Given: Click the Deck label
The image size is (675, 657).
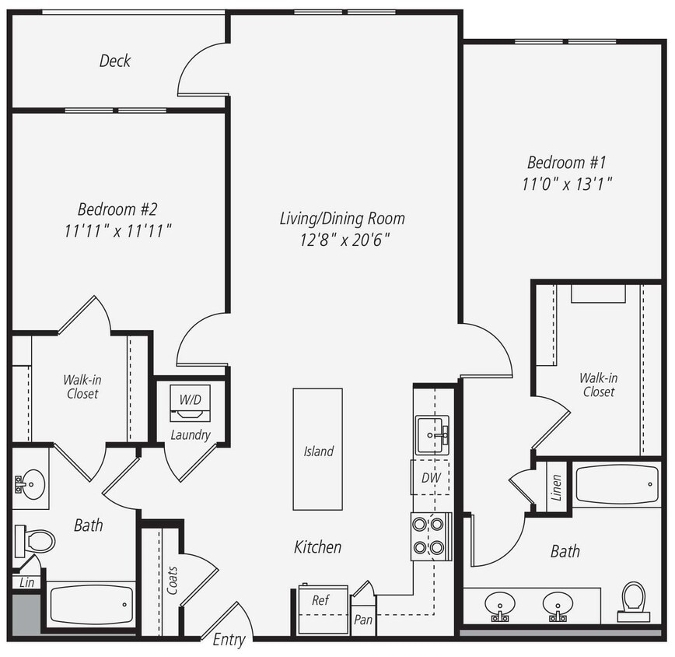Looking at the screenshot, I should coord(115,61).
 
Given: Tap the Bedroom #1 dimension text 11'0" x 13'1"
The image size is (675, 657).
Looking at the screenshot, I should coord(566,184).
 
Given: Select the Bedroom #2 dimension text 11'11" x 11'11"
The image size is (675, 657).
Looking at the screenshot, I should coord(119,231).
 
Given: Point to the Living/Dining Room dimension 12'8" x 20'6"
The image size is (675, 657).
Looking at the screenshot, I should coord(342,240).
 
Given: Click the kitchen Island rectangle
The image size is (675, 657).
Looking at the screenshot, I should coord(318,449).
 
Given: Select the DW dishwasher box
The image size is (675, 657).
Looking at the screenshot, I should coord(431,478).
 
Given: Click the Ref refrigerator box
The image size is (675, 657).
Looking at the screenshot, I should coord(320,600).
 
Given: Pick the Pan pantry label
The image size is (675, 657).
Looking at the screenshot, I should coord(362,620).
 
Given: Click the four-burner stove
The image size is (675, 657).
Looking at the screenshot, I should coord(431,536).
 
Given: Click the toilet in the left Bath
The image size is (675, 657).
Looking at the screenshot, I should coord(35,539).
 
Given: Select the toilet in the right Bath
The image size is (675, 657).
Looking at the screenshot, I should coord(634,601).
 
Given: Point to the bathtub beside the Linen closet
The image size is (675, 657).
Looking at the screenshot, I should coord(617,484).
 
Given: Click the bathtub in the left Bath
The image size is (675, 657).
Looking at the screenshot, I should coord(91,604).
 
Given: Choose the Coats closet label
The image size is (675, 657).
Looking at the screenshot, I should coord(172,581).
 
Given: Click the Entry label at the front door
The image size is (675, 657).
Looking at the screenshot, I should coord(229,640).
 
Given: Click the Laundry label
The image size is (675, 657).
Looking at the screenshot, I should coord(191,434).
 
